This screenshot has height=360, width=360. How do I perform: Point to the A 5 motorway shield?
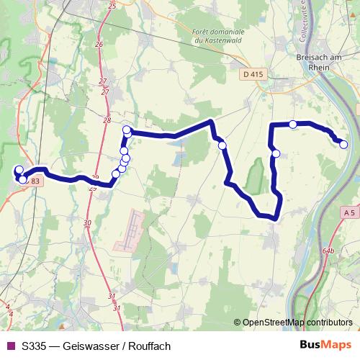pyautogui.click(x=349, y=213)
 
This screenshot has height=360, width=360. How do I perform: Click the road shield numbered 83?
pyautogui.click(x=35, y=181)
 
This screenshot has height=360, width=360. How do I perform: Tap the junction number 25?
pyautogui.click(x=111, y=6)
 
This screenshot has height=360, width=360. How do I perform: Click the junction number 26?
pyautogui.click(x=99, y=44)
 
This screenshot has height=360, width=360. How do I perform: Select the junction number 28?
pyautogui.click(x=107, y=120)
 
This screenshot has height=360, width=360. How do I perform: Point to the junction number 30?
pyautogui.click(x=87, y=223)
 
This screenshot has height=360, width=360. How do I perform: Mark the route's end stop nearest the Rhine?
pyautogui.click(x=343, y=145)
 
